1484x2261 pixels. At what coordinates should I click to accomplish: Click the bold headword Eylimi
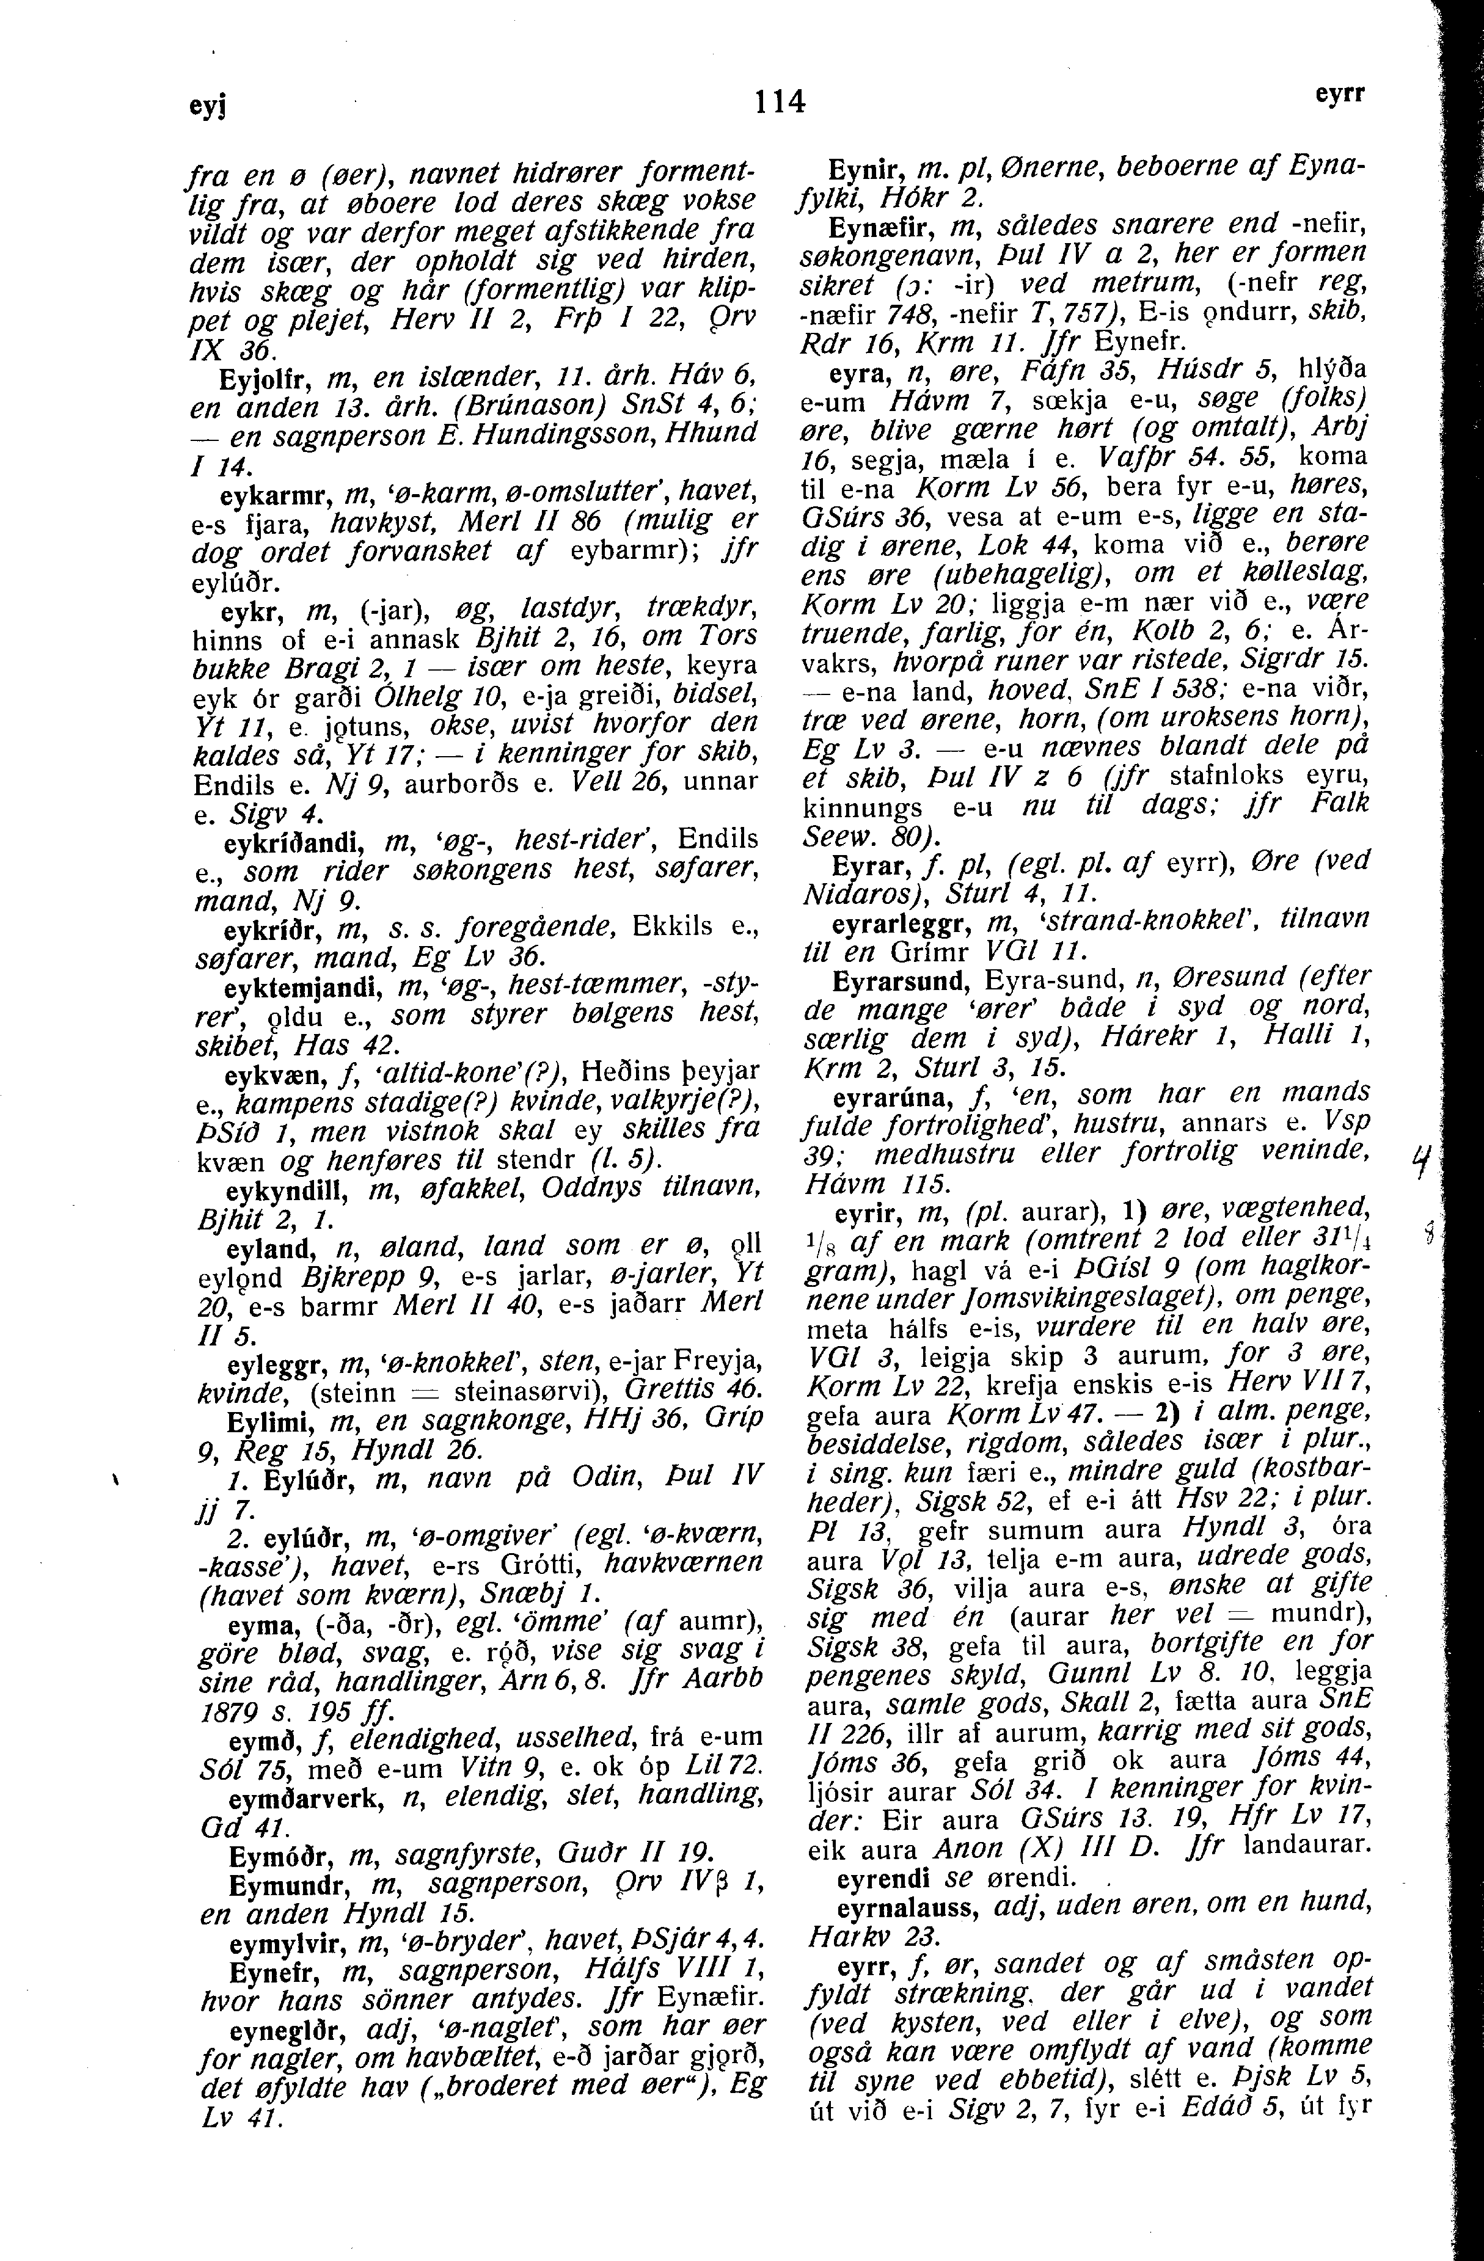pyautogui.click(x=269, y=1425)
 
